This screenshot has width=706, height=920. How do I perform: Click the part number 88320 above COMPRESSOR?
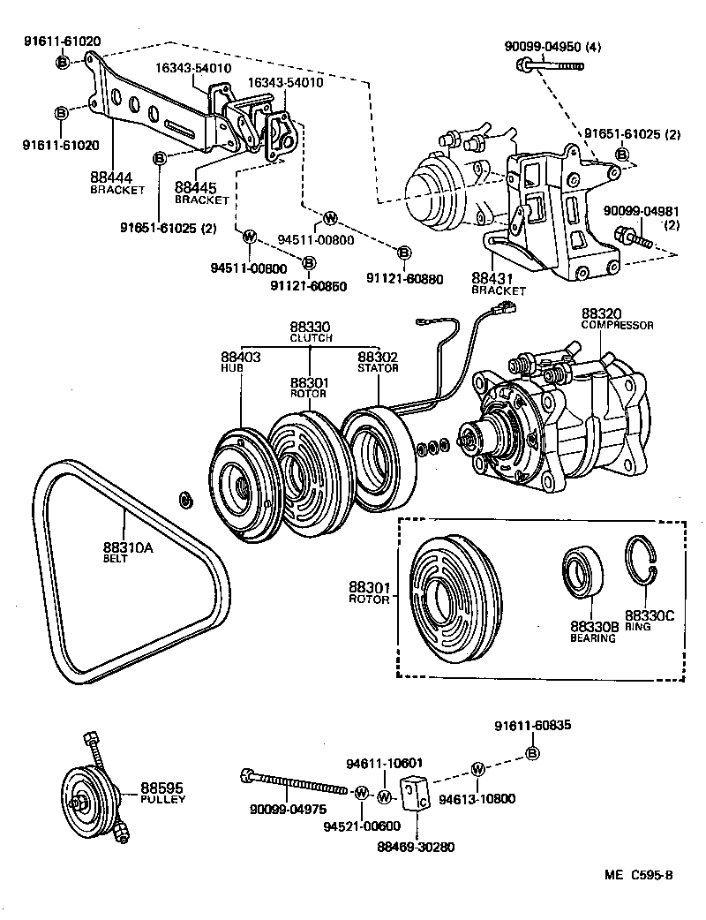pyautogui.click(x=602, y=313)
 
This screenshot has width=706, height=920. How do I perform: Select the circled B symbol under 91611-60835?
pyautogui.click(x=531, y=753)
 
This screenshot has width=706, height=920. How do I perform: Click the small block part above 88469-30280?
pyautogui.click(x=416, y=792)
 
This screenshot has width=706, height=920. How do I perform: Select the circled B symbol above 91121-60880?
pyautogui.click(x=403, y=253)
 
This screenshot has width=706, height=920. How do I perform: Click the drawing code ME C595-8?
pyautogui.click(x=638, y=876)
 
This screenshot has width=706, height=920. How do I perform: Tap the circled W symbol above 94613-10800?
pyautogui.click(x=477, y=768)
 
